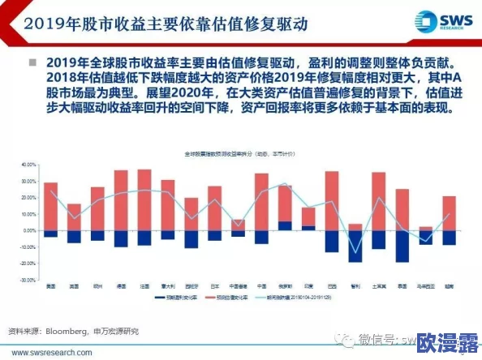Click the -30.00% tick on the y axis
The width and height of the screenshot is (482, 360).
point(28,280)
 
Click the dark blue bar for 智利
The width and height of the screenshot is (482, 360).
point(355,246)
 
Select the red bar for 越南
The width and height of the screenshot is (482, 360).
point(449,212)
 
